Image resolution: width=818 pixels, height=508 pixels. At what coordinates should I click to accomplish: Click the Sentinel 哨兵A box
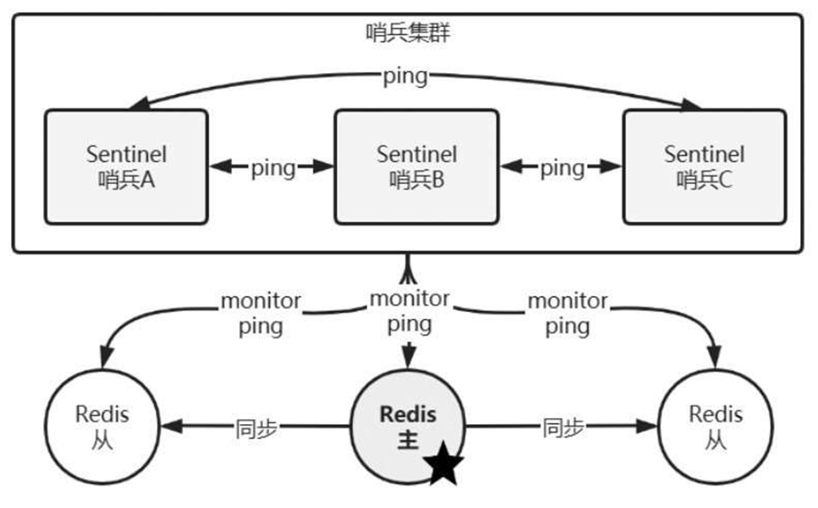(x=126, y=166)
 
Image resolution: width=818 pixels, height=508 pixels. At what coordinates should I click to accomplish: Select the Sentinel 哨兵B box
(x=417, y=166)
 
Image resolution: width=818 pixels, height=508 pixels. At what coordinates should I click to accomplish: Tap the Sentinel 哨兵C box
(x=704, y=166)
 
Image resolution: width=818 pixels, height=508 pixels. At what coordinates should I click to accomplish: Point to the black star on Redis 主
(x=445, y=466)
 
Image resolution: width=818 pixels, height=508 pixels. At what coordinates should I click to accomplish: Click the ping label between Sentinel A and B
(x=272, y=168)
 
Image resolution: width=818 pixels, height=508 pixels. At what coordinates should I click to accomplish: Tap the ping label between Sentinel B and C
(x=563, y=168)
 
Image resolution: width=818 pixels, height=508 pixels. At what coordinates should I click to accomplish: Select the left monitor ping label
(x=261, y=313)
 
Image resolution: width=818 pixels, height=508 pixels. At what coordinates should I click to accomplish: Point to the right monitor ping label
(x=568, y=313)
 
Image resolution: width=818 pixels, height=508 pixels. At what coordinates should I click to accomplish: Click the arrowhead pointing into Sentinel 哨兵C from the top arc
(x=692, y=104)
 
